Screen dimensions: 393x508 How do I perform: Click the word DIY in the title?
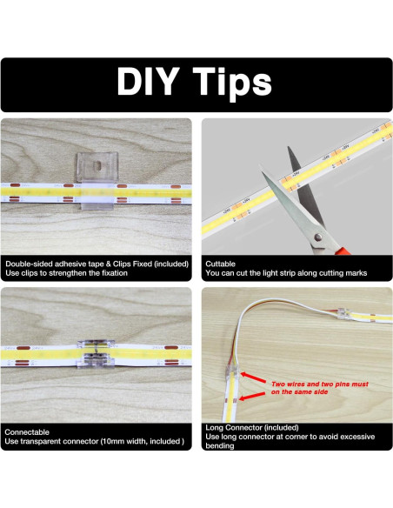coord(148,81)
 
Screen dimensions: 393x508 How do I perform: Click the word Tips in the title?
coord(232,84)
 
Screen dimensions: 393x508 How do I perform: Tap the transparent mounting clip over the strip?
coord(97,181)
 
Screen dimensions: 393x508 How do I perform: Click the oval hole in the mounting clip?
coord(97,166)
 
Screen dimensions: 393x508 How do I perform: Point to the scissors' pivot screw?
coord(318,237)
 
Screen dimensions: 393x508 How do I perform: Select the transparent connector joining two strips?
coord(96,354)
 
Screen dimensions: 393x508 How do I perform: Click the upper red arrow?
coord(253,378)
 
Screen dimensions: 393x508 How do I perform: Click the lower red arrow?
coord(252,397)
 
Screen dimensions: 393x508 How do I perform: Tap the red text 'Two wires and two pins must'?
coord(320,384)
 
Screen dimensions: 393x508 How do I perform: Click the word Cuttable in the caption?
coord(220,264)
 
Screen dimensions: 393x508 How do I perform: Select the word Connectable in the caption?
coord(27,431)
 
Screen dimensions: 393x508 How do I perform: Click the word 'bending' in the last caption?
coord(219,446)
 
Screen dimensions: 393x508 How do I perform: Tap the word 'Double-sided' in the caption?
coord(29,264)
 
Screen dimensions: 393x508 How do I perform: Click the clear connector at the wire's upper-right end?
coord(343,313)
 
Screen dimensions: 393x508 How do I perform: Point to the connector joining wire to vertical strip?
coord(233,372)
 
